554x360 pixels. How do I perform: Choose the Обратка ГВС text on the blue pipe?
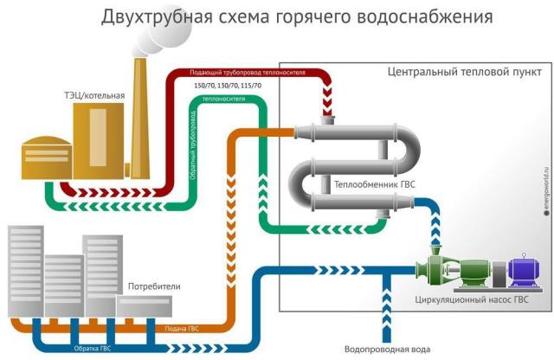(x=93, y=349)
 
